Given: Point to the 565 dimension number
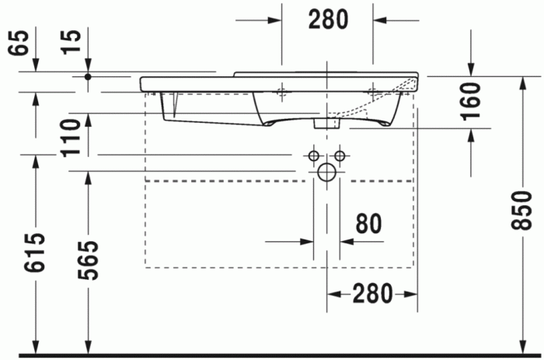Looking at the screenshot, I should [x=89, y=259].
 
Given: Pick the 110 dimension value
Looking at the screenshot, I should [x=71, y=136].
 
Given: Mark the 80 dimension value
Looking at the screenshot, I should [x=368, y=224].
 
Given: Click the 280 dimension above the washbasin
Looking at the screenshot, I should [x=328, y=19].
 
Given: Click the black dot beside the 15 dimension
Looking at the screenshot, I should [x=89, y=76].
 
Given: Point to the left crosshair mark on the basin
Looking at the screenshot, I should [x=282, y=91].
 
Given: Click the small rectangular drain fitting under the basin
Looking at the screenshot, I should [x=322, y=123].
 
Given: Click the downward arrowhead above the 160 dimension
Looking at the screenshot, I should [x=472, y=69].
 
